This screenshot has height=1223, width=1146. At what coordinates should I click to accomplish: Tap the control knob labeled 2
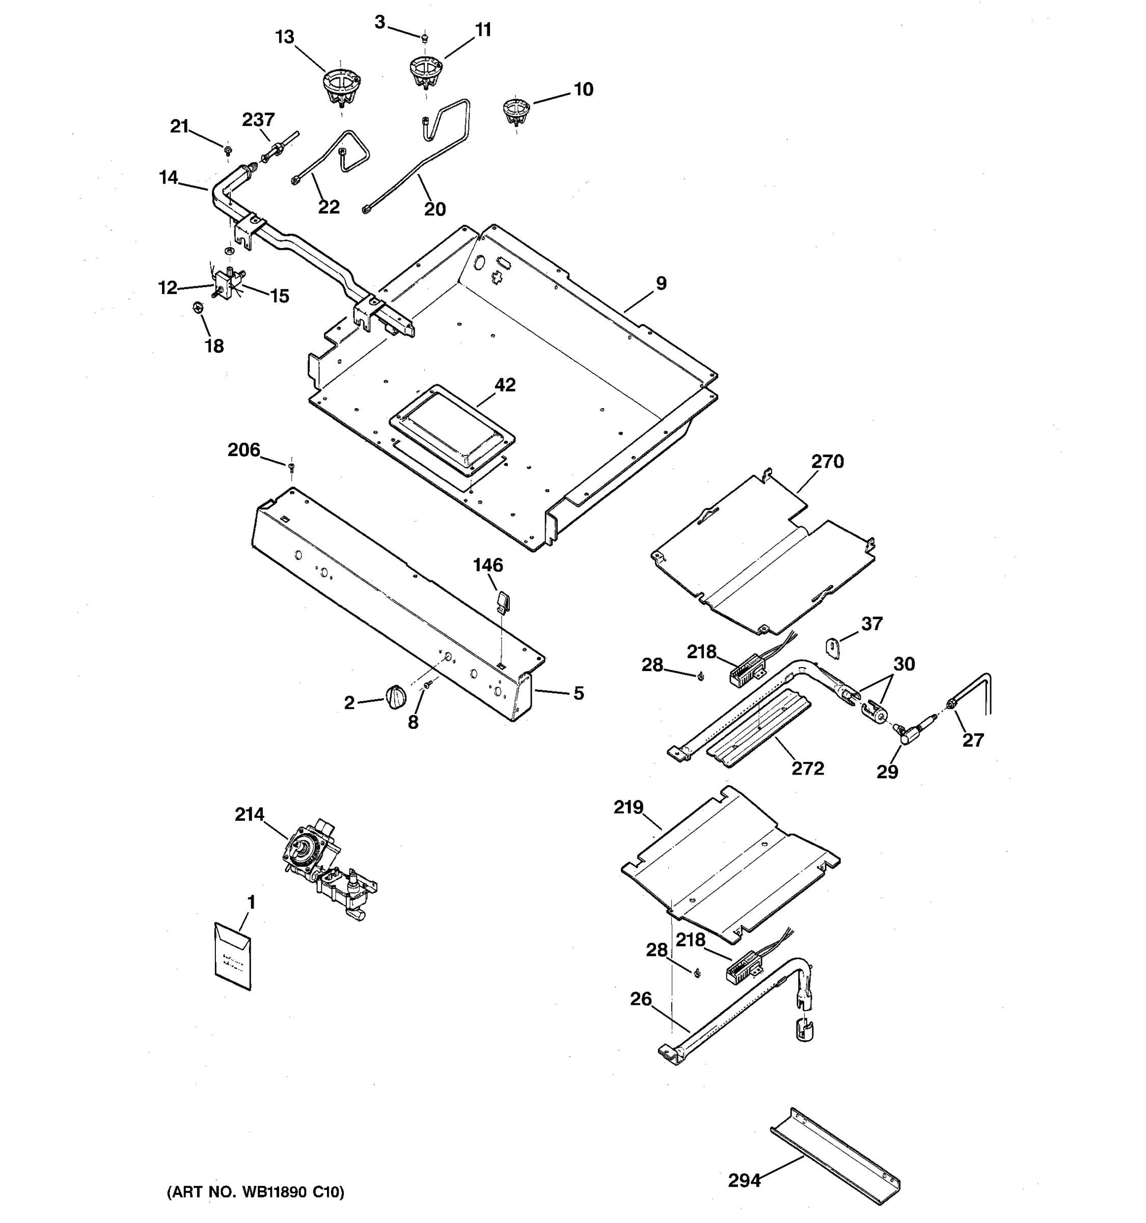[395, 698]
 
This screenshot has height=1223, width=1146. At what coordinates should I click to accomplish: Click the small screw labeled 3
[424, 39]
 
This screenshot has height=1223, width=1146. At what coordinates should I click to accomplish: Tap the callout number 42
[505, 385]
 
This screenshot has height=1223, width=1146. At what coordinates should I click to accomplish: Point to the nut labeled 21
[228, 149]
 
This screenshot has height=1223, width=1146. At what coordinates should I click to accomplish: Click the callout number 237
[258, 119]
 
